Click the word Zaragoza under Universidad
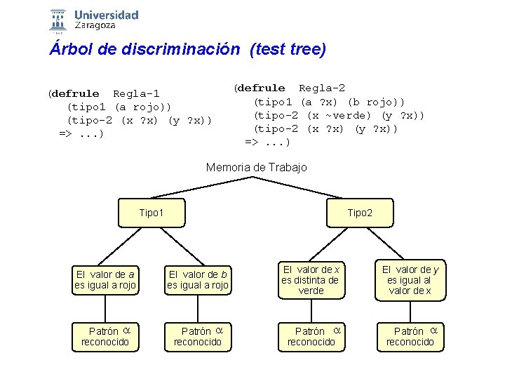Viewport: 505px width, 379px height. (95, 25)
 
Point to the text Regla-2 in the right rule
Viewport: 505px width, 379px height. (322, 88)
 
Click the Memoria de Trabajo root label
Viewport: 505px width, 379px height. (256, 167)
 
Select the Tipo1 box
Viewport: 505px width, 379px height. (151, 212)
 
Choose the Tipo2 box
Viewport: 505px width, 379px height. (360, 212)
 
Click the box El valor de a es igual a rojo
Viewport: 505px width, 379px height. (105, 279)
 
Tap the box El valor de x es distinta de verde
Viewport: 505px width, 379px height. (311, 279)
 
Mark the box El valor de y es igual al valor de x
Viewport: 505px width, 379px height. (410, 279)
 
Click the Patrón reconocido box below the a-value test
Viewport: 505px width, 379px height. (105, 336)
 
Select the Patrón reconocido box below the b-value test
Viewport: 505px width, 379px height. (198, 336)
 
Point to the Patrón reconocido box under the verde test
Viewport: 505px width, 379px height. (311, 336)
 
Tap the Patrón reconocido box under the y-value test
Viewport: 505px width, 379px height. (410, 336)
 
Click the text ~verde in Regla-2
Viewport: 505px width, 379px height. (346, 115)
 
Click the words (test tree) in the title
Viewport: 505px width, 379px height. (288, 50)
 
